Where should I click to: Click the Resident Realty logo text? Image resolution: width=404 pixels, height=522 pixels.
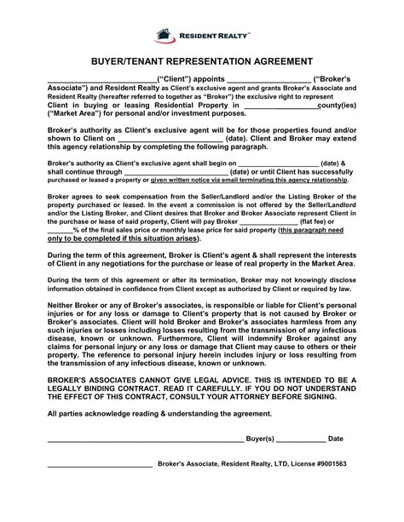click(x=213, y=36)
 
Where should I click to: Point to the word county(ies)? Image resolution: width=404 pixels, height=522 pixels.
click(x=337, y=106)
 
